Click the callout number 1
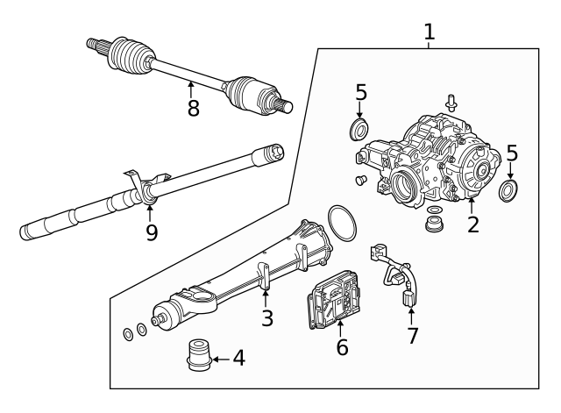(429, 32)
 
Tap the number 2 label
(473, 224)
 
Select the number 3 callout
(267, 317)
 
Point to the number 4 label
(238, 359)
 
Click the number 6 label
(342, 346)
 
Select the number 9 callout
(152, 234)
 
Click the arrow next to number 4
(219, 359)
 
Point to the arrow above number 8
(191, 88)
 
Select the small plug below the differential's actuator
(359, 181)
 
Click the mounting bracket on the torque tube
(264, 273)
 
